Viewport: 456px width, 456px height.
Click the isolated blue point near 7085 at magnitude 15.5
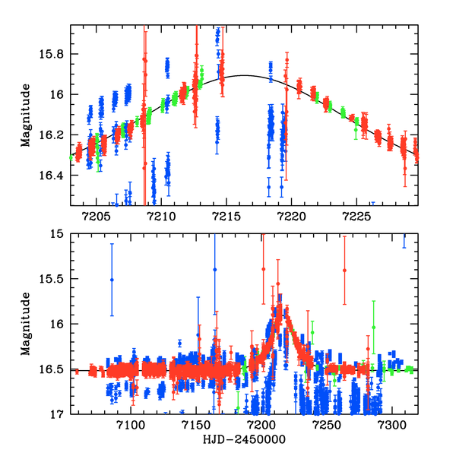point(112,280)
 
